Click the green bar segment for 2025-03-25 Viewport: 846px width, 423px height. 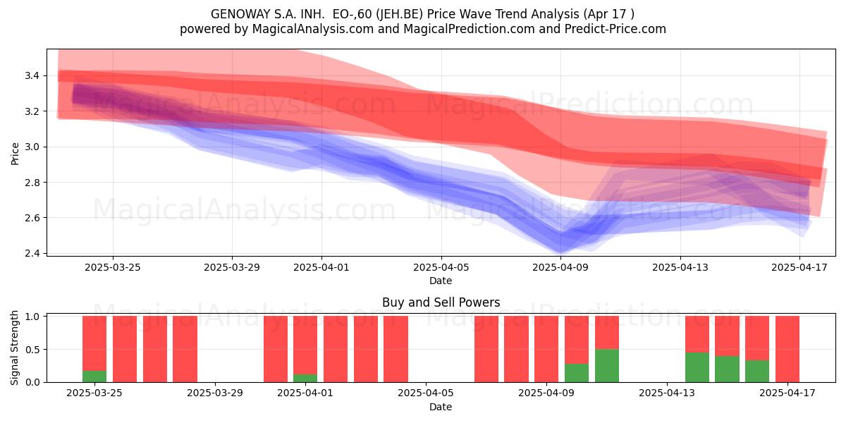point(94,376)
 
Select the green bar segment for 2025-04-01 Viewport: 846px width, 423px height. point(305,378)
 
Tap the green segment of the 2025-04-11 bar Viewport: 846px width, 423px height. point(607,366)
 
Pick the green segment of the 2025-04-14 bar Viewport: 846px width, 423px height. point(727,369)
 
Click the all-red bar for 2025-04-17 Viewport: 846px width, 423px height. point(787,349)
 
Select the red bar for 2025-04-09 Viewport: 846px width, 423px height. point(546,349)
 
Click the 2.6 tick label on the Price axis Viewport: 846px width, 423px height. point(32,218)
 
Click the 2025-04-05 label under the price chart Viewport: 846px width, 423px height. point(441,267)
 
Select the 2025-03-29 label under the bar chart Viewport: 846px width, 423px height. point(215,393)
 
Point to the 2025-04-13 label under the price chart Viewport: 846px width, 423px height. point(680,267)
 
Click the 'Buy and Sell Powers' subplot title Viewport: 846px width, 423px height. point(441,302)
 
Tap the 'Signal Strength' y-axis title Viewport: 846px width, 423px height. point(14,348)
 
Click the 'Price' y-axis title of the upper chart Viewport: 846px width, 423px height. point(15,154)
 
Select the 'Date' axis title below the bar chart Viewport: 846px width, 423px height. point(441,407)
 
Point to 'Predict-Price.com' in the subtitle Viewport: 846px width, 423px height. point(615,29)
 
